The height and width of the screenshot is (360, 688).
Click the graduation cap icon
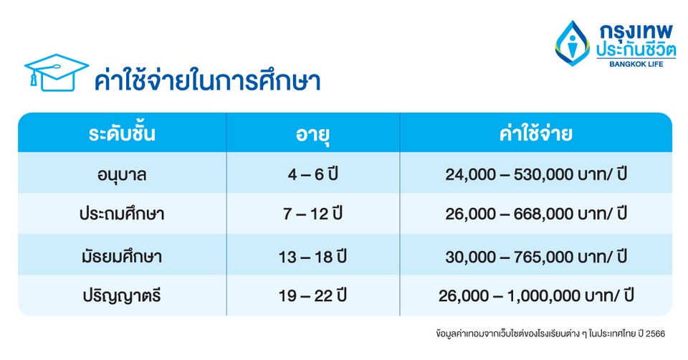tap(57, 72)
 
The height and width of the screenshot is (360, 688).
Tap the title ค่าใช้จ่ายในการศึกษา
tap(207, 80)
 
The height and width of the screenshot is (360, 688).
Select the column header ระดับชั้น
tap(122, 133)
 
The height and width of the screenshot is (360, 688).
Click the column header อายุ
tap(312, 134)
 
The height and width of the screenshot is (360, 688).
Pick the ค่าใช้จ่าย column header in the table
tap(535, 133)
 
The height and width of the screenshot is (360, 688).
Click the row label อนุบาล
tap(122, 175)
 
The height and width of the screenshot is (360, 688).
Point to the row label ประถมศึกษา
tap(122, 214)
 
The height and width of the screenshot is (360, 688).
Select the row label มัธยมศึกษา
tap(122, 257)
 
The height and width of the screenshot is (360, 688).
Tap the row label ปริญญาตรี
tap(122, 295)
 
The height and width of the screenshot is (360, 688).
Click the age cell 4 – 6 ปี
tap(312, 174)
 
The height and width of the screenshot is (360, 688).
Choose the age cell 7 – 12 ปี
tap(312, 214)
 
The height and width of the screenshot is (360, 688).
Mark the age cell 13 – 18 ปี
tap(312, 257)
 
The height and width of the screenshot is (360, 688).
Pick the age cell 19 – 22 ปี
tap(312, 295)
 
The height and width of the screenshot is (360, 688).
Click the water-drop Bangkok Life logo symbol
tap(572, 44)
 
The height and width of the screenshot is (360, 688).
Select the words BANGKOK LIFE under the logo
tap(636, 64)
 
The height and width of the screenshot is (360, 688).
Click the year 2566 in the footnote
tap(655, 333)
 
